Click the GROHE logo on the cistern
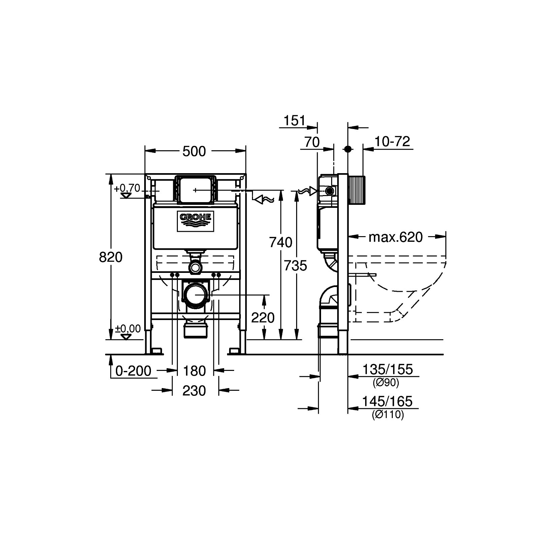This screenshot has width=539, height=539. (196, 222)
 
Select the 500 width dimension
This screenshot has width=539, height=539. (194, 152)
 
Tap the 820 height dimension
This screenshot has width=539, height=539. (110, 257)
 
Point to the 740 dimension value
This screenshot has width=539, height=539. (281, 242)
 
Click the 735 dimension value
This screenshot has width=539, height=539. (295, 266)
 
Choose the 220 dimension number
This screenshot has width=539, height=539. (263, 317)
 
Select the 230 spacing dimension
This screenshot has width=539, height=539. (194, 391)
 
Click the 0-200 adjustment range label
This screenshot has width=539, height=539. (133, 371)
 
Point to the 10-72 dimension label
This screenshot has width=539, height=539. (392, 141)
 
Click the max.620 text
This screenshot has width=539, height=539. (395, 237)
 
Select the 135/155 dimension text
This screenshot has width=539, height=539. (387, 370)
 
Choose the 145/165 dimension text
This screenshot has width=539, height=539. (387, 401)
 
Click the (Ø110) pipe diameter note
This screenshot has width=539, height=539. (388, 415)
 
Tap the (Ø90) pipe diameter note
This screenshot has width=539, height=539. (386, 383)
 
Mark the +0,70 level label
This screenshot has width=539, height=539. (127, 188)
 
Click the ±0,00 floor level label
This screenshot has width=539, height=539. (128, 328)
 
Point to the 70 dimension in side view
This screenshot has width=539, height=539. (312, 142)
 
